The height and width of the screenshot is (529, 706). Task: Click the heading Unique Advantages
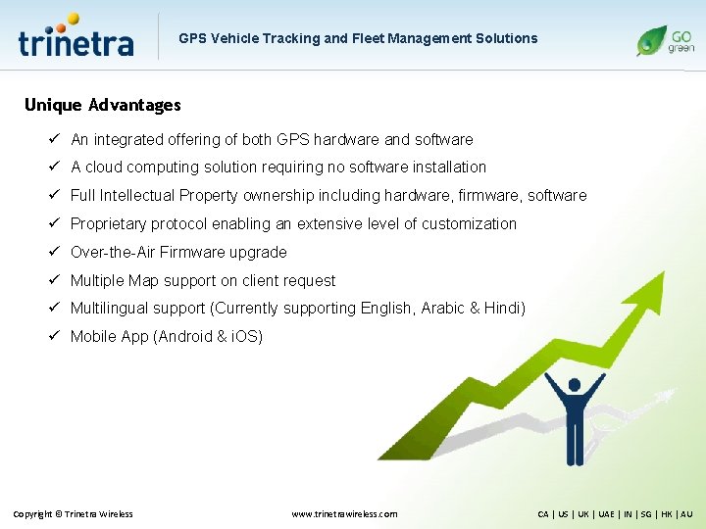pyautogui.click(x=103, y=105)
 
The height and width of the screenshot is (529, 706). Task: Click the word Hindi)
pyautogui.click(x=505, y=309)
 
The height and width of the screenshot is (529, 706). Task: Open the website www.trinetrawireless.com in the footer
pyautogui.click(x=345, y=514)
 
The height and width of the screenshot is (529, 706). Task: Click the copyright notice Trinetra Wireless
pyautogui.click(x=73, y=514)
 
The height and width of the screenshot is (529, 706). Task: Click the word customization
pyautogui.click(x=470, y=224)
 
